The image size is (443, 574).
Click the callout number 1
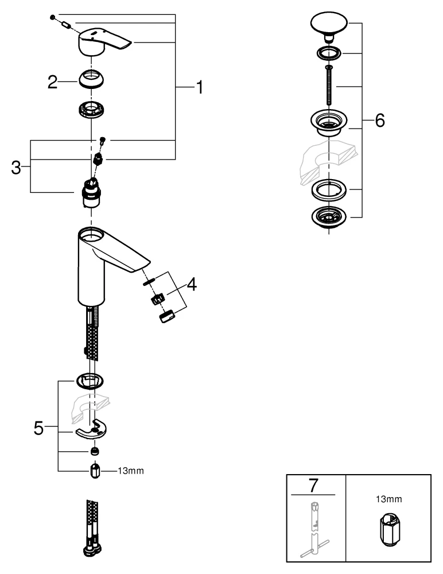[198, 87]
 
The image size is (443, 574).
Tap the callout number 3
[16, 168]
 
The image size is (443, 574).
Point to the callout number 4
[191, 284]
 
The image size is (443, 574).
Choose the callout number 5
[38, 428]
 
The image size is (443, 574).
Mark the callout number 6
[379, 121]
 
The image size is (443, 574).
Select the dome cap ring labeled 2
[92, 80]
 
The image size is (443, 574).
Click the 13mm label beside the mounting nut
[130, 471]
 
